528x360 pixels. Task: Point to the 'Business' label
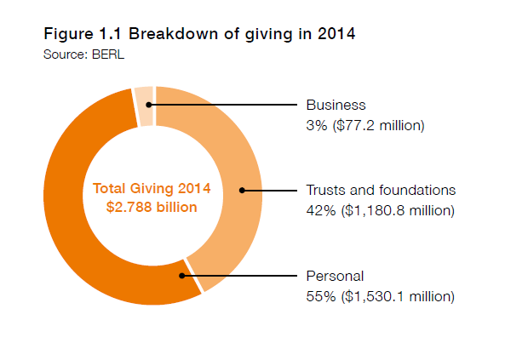tap(336, 106)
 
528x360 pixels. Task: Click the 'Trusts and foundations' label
tap(381, 190)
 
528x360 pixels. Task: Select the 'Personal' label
tap(335, 276)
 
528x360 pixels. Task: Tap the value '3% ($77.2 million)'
tap(365, 126)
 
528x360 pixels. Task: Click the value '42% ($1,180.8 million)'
tap(380, 210)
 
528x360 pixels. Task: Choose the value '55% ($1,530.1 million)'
tap(380, 296)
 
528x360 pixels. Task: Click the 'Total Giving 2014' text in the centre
tap(151, 188)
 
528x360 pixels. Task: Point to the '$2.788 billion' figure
tap(151, 207)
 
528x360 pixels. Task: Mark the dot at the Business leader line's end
tap(149, 106)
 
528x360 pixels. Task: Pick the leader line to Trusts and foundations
tap(268, 190)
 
